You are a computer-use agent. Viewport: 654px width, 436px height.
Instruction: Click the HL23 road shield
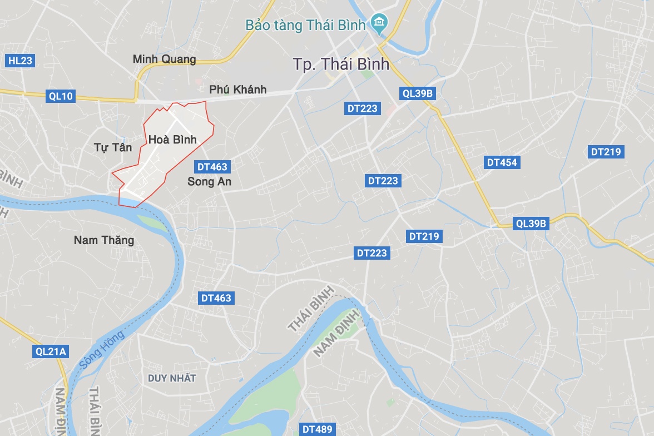click(x=21, y=61)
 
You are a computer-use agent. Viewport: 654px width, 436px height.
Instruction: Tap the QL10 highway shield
click(x=61, y=96)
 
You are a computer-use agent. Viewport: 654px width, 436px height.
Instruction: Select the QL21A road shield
click(x=51, y=351)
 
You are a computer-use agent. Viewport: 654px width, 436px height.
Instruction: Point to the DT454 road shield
click(x=502, y=162)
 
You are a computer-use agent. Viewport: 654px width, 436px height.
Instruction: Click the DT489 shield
click(x=318, y=429)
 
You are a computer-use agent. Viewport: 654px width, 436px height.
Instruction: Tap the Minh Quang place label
click(x=165, y=59)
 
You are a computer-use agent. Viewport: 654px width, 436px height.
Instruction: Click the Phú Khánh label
click(x=238, y=90)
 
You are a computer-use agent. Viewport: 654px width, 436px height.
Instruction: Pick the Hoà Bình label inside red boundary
click(x=172, y=140)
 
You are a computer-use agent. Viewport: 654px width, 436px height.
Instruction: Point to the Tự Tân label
click(x=113, y=147)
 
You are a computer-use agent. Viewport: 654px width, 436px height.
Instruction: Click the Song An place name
click(x=209, y=181)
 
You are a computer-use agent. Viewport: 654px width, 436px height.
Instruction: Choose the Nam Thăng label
click(x=104, y=240)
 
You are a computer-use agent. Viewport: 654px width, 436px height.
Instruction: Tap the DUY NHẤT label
click(x=172, y=378)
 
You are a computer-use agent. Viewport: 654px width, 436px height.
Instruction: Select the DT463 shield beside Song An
click(x=212, y=166)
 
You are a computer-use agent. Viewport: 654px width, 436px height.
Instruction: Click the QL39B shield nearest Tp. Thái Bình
click(x=417, y=93)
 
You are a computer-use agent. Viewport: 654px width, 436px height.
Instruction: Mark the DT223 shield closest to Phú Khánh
click(x=363, y=109)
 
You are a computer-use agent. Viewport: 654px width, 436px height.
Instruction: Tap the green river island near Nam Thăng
click(x=151, y=222)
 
